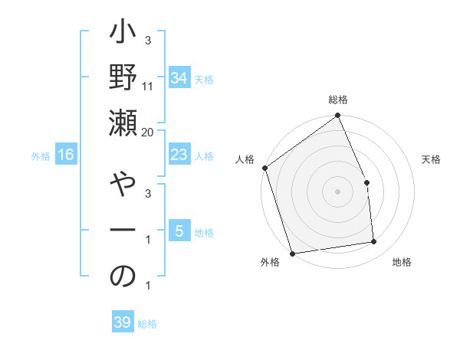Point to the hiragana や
point(123,188)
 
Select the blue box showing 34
point(179,77)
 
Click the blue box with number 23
point(179,155)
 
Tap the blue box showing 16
point(66,155)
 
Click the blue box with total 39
point(122,322)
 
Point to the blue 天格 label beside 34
point(204,79)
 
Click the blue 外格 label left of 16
point(41,156)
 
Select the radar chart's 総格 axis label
point(338,100)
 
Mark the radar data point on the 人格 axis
point(264,168)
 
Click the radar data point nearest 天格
point(366,182)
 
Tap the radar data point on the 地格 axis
point(374,242)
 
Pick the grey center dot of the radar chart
point(337,191)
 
